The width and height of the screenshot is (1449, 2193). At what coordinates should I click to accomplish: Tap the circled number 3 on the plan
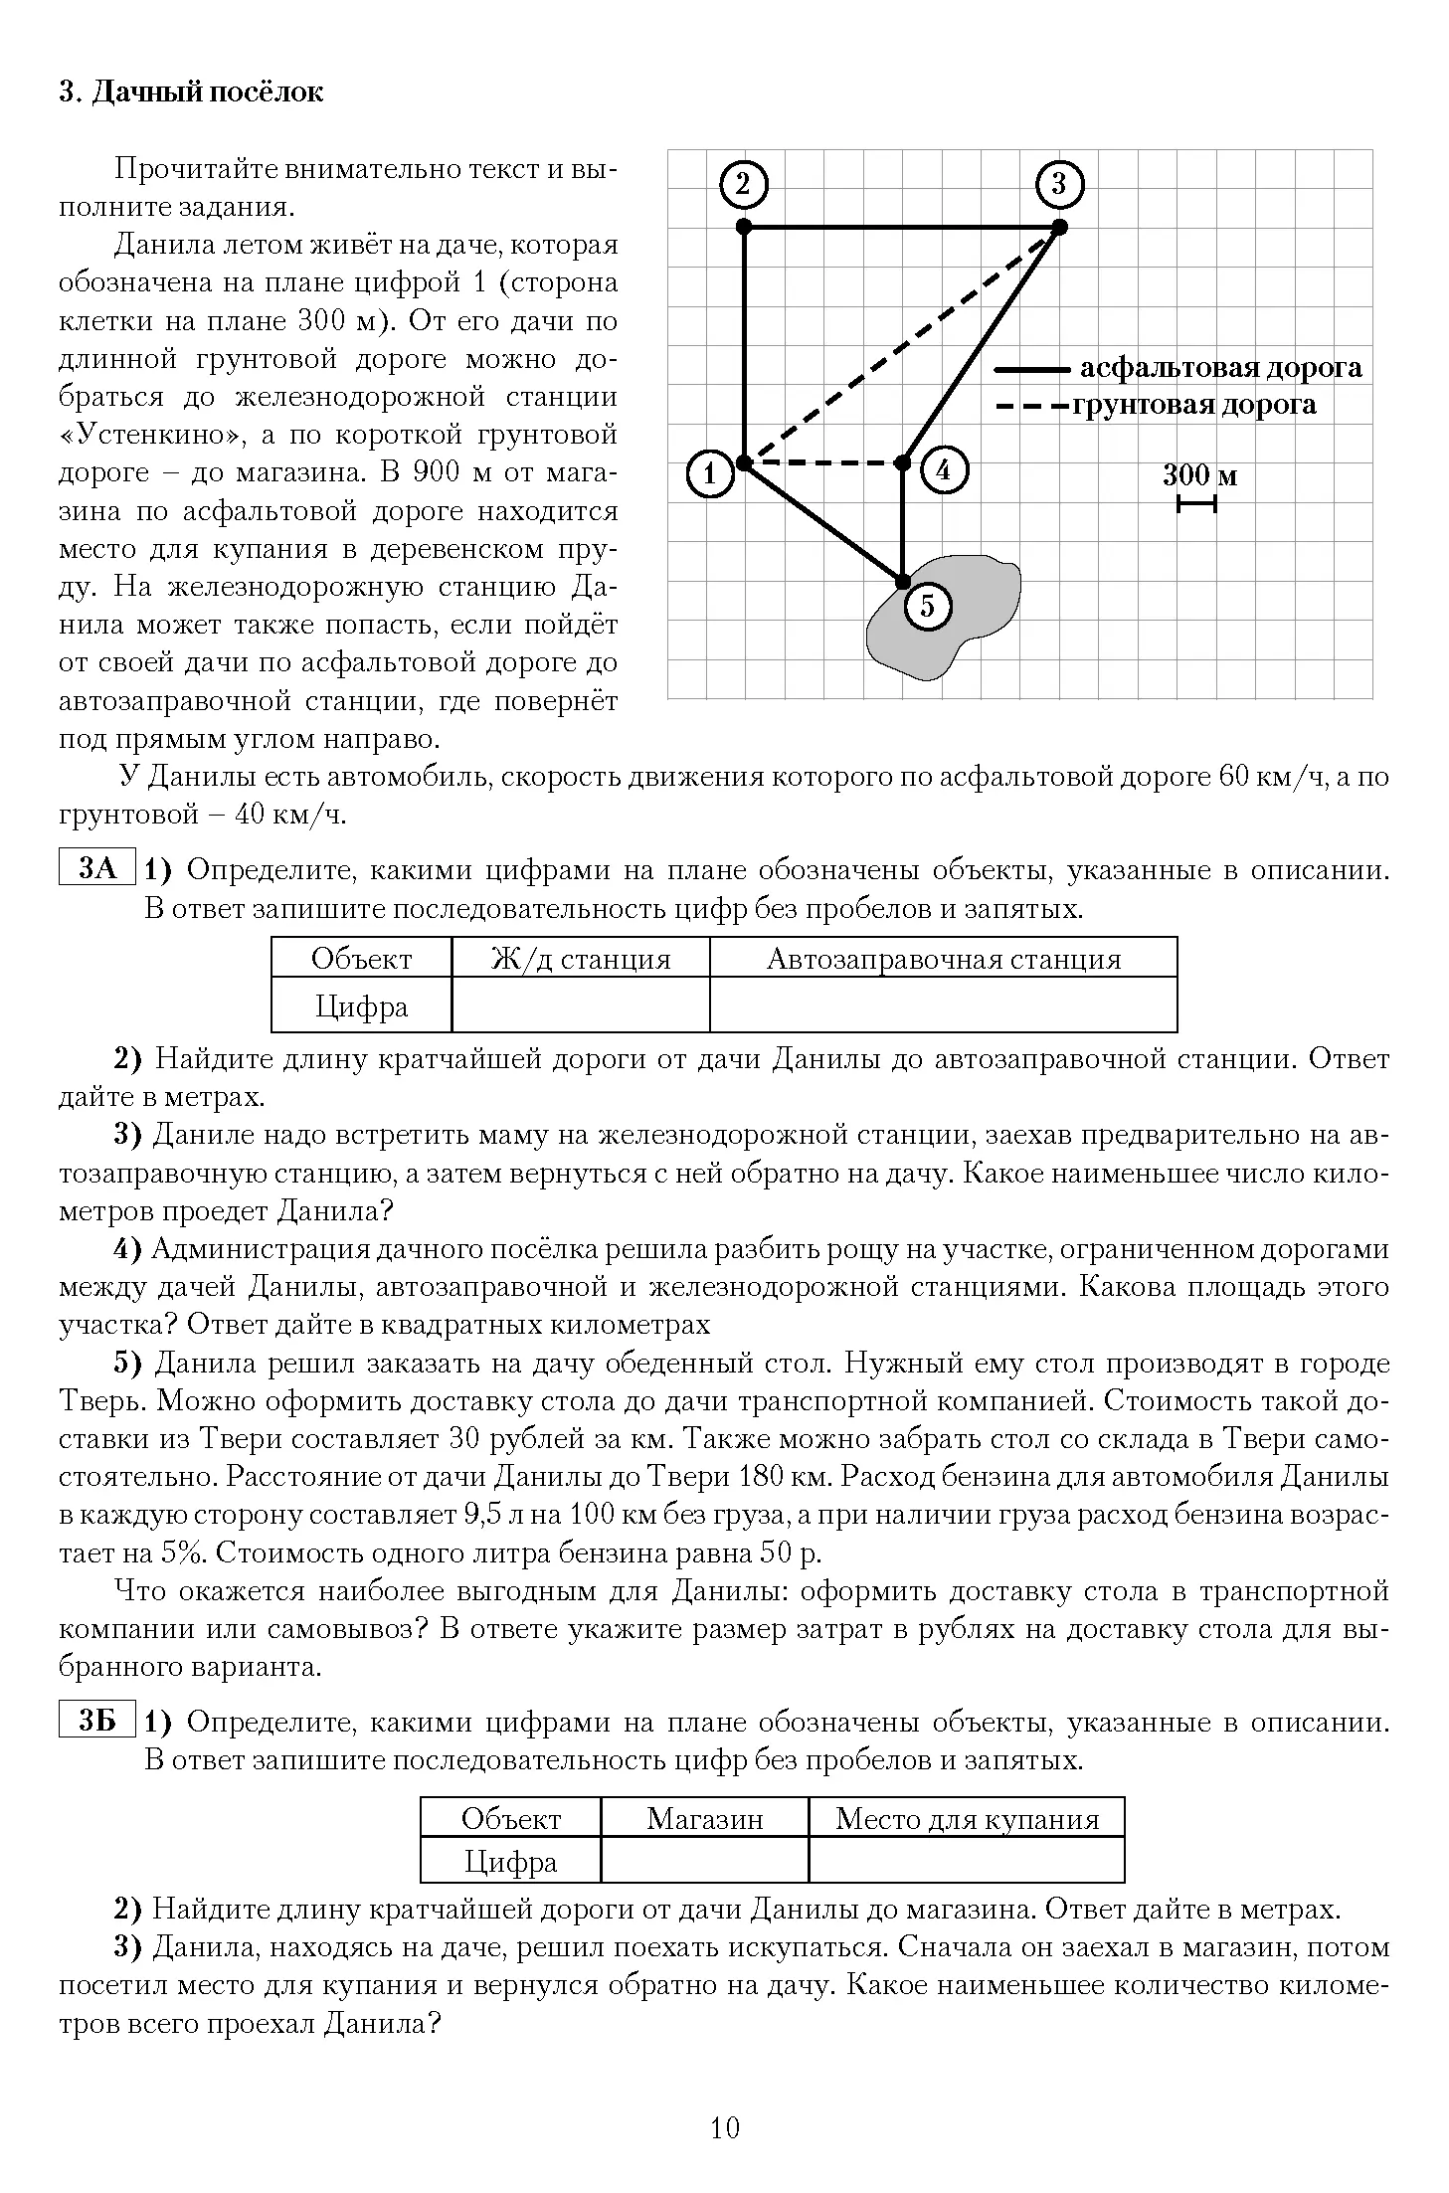click(1058, 185)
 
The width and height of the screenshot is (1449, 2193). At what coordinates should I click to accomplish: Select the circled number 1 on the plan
click(710, 474)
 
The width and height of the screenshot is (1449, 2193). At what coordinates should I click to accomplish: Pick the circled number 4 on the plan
click(943, 469)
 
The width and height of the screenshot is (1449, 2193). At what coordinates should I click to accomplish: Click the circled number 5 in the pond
click(927, 606)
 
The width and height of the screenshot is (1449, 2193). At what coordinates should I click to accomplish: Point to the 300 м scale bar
click(1196, 505)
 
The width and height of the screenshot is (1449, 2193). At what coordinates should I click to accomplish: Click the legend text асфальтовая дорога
click(1220, 368)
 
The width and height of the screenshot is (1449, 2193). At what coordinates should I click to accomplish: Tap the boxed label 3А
click(97, 868)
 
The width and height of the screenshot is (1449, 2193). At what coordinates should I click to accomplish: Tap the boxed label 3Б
click(97, 1720)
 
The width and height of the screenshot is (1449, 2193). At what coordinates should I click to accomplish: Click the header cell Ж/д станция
click(581, 959)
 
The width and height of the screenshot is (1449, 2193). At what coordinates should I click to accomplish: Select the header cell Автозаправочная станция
click(943, 959)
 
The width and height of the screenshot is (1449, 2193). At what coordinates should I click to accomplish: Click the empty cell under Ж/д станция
click(581, 1005)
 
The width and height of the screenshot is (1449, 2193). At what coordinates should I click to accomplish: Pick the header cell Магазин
click(704, 1818)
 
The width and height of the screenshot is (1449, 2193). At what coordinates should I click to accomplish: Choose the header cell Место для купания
click(967, 1818)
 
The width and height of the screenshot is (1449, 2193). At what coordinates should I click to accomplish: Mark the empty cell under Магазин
click(704, 1862)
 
